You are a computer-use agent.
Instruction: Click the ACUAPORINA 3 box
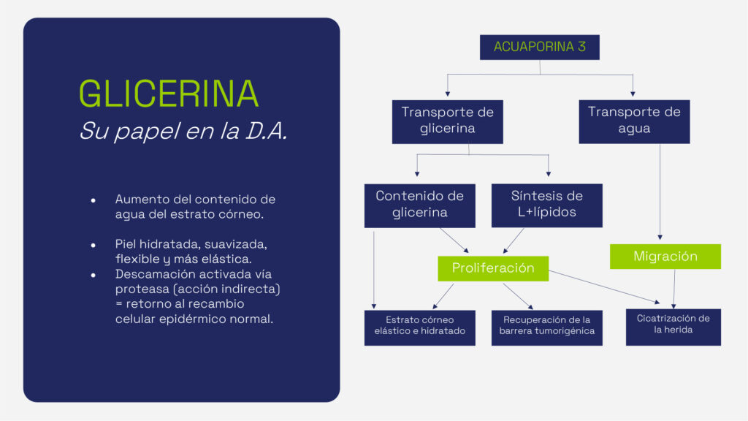pyautogui.click(x=540, y=47)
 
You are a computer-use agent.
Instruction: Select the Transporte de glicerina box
pyautogui.click(x=447, y=121)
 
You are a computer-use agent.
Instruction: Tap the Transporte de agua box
pyautogui.click(x=634, y=121)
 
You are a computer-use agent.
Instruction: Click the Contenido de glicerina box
pyautogui.click(x=419, y=205)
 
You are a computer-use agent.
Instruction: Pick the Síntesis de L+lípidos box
pyautogui.click(x=547, y=205)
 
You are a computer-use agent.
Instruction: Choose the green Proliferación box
pyautogui.click(x=493, y=268)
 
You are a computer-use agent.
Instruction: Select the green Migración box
pyautogui.click(x=665, y=257)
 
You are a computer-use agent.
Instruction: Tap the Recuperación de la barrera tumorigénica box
pyautogui.click(x=547, y=327)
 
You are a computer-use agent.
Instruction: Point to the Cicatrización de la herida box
pyautogui.click(x=673, y=327)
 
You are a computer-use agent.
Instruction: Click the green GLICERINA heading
pyautogui.click(x=169, y=94)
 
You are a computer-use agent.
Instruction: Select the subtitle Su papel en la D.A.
pyautogui.click(x=183, y=132)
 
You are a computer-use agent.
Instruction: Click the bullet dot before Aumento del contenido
pyautogui.click(x=93, y=200)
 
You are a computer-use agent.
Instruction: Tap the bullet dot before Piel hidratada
pyautogui.click(x=93, y=244)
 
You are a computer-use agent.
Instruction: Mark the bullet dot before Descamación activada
pyautogui.click(x=93, y=275)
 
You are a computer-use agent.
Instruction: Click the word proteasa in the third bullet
pyautogui.click(x=142, y=289)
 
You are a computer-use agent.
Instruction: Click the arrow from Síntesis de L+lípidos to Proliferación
pyautogui.click(x=514, y=240)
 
